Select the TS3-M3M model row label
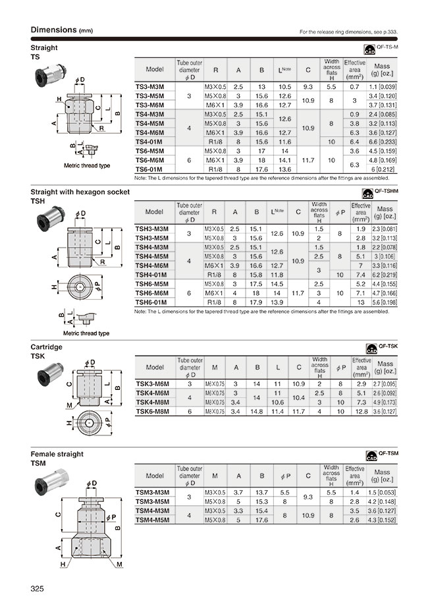tap(149, 86)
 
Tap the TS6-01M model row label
tap(149, 169)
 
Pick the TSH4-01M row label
tap(151, 275)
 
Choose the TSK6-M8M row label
tap(152, 411)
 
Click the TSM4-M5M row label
tap(152, 520)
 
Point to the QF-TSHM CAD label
tap(381, 192)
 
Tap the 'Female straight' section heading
tap(57, 454)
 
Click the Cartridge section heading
tap(47, 346)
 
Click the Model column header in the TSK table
tap(155, 367)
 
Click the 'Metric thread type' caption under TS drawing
tap(87, 165)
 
